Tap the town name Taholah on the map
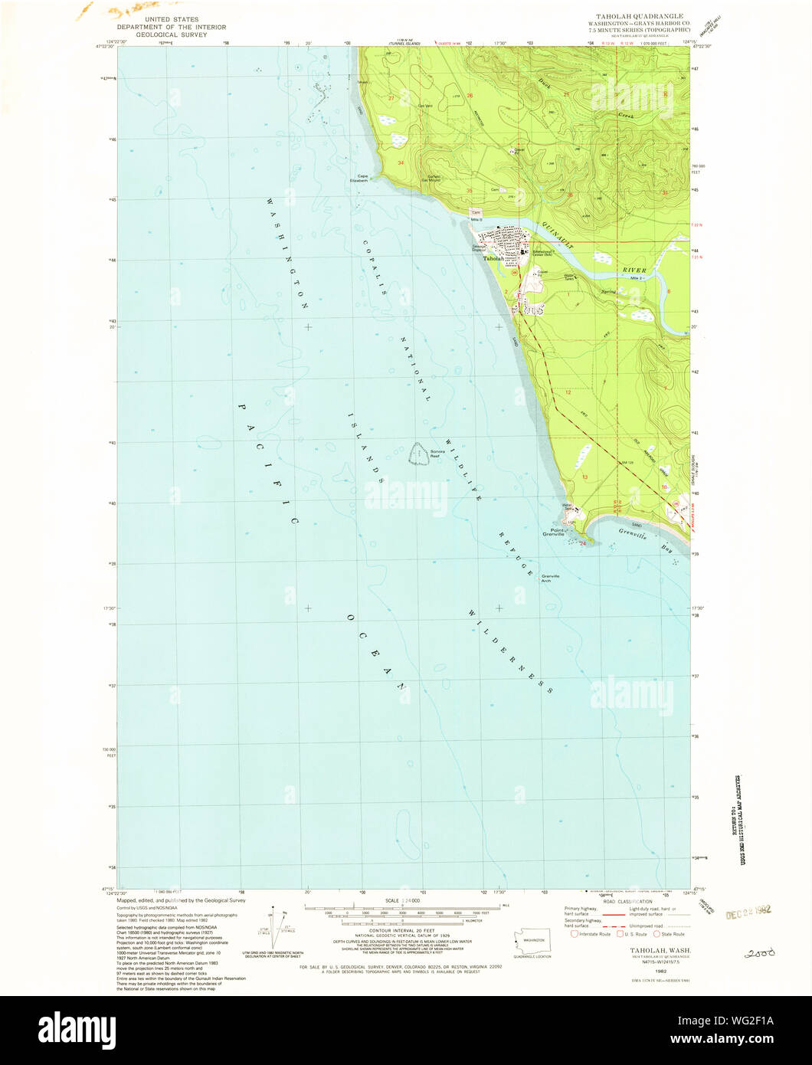(x=493, y=259)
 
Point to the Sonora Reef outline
(x=418, y=454)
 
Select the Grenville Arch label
(x=551, y=578)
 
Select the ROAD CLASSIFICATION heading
(x=627, y=902)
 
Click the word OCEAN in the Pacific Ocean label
(x=375, y=652)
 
